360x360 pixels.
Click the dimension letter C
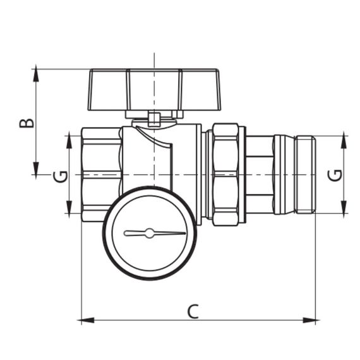click(x=194, y=310)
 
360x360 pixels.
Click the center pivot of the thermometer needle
click(x=149, y=233)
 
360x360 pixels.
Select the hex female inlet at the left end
click(x=101, y=174)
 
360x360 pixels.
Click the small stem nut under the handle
click(x=153, y=118)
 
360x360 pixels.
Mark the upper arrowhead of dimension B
click(x=36, y=73)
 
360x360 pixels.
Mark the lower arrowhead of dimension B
click(x=36, y=169)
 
